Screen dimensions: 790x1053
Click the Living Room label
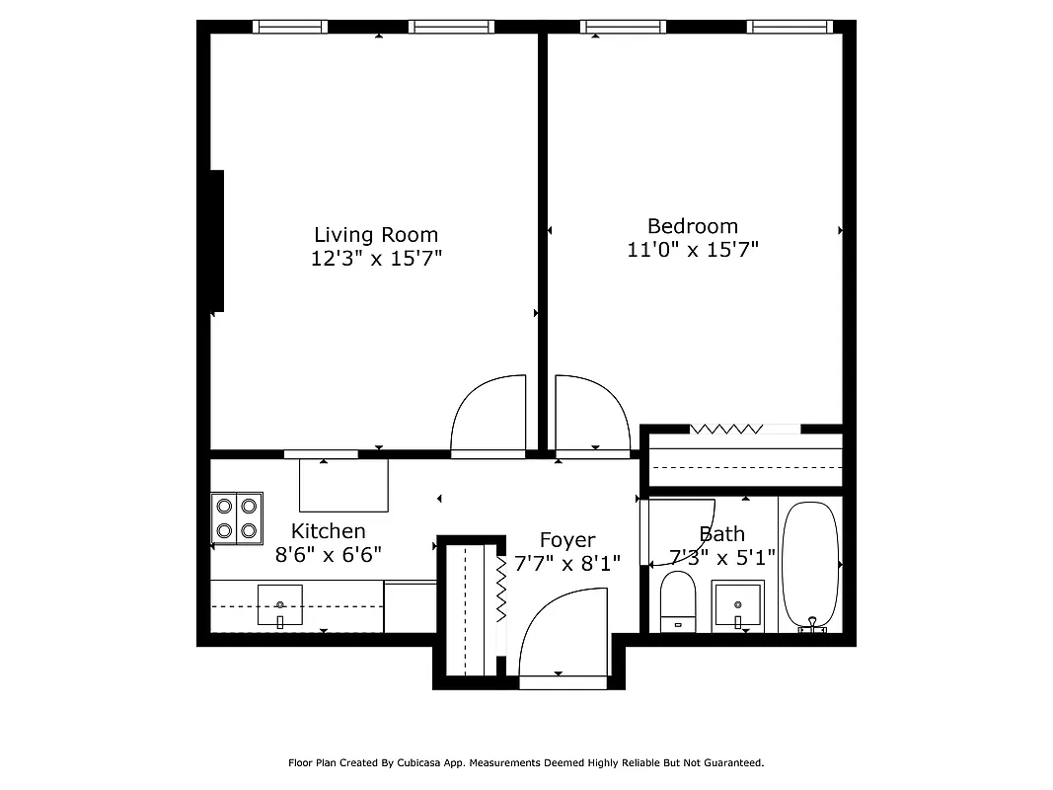pos(375,235)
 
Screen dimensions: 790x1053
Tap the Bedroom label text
pos(692,226)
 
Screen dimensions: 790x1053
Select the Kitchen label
pos(328,531)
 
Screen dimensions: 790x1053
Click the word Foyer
pos(567,540)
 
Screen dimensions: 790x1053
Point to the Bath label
pos(721,534)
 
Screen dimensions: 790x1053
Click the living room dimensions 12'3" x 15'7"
pos(375,259)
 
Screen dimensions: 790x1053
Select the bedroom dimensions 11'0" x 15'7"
pos(692,250)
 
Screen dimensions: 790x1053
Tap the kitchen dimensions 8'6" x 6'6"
pos(328,555)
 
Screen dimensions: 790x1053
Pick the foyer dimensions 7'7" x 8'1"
pos(567,564)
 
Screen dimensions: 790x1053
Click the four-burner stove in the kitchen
pos(237,518)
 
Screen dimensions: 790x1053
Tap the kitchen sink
pos(280,605)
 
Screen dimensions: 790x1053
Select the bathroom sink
pos(737,605)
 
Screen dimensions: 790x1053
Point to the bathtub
pos(810,567)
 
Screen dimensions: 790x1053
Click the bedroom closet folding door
pos(726,429)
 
